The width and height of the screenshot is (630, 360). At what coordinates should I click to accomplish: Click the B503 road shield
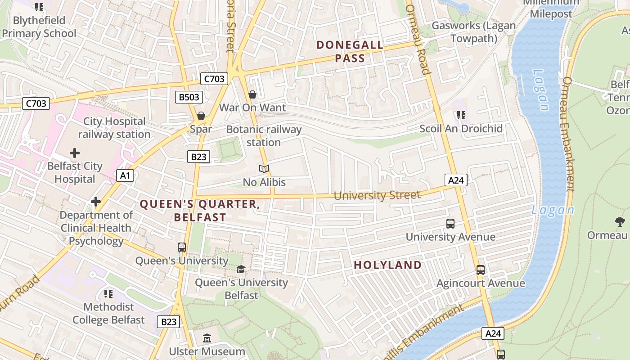(x=189, y=97)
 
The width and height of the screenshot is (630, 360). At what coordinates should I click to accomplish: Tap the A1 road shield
(x=125, y=175)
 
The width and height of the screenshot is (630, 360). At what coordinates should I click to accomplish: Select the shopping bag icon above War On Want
(x=252, y=94)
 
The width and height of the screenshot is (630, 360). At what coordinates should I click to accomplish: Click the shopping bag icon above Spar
(x=201, y=116)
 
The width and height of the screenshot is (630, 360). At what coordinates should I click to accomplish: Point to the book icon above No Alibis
(x=264, y=169)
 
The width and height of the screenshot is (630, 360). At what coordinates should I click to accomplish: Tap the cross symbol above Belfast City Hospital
(x=75, y=153)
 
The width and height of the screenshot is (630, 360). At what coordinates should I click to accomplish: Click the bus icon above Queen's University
(x=182, y=247)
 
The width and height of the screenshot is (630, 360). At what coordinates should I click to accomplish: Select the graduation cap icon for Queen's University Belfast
(x=241, y=270)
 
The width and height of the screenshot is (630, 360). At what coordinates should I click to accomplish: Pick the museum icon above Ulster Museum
(x=207, y=338)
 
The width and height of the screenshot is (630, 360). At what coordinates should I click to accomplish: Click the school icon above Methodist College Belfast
(x=108, y=294)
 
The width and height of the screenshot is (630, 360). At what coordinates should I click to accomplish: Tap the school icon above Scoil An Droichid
(x=461, y=116)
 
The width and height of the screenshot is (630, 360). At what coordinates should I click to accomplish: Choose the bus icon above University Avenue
(x=450, y=224)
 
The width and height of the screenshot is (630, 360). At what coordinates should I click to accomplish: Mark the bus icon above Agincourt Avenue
(x=481, y=270)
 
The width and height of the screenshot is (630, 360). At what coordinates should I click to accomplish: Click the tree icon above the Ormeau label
(x=620, y=221)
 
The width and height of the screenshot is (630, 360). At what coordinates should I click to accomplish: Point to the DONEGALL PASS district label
(x=350, y=52)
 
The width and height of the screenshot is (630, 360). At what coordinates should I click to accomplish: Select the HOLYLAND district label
(x=387, y=265)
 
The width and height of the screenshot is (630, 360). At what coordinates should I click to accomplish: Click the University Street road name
(x=377, y=195)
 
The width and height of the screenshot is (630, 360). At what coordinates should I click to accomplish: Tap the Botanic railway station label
(x=264, y=136)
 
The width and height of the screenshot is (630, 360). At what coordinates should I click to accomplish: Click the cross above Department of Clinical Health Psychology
(x=96, y=202)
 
